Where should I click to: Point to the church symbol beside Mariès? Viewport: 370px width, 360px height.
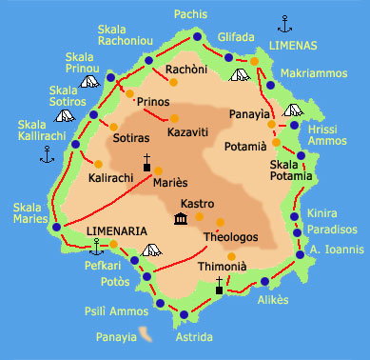[147, 163]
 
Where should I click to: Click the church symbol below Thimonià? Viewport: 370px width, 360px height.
[219, 284]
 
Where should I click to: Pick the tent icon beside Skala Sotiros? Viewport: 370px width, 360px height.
[65, 116]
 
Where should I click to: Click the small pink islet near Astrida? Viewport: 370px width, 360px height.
[145, 332]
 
